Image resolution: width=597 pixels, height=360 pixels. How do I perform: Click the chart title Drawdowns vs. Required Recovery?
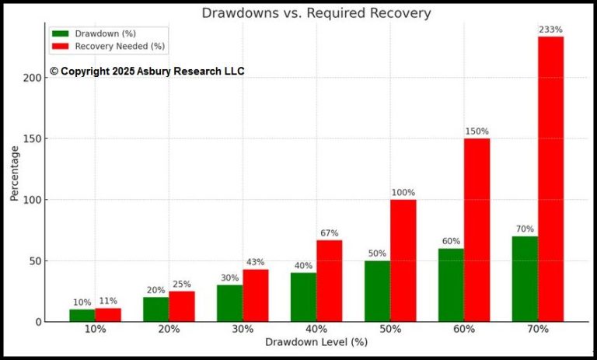pos(316,13)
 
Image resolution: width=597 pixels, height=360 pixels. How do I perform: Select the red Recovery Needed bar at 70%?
pos(550,179)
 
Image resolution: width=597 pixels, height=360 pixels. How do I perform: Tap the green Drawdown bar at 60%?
pos(451,285)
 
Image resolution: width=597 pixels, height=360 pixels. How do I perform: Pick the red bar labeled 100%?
pos(403,260)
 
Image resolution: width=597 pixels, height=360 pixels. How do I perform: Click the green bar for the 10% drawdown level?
pos(82,315)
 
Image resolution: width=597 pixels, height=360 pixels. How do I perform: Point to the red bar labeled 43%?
pos(255,295)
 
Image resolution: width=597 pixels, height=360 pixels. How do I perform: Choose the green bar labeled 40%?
pos(303,297)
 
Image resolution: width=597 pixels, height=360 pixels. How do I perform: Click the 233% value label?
pos(550,30)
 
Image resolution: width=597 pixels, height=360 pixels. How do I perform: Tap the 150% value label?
pos(477,131)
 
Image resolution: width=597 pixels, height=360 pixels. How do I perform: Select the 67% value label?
pos(329,233)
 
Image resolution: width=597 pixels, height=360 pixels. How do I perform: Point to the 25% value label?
pos(181,285)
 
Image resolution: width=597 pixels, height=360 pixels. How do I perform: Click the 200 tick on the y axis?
pos(32,78)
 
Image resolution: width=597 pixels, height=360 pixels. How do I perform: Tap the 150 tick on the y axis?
pos(32,138)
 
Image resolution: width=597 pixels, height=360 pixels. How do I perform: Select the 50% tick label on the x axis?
pos(390,329)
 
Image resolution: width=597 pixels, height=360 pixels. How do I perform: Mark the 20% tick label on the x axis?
pos(169,329)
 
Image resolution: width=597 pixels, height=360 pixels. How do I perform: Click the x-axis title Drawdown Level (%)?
pos(316,342)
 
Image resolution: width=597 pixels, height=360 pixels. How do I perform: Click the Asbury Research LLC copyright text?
pos(147,72)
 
